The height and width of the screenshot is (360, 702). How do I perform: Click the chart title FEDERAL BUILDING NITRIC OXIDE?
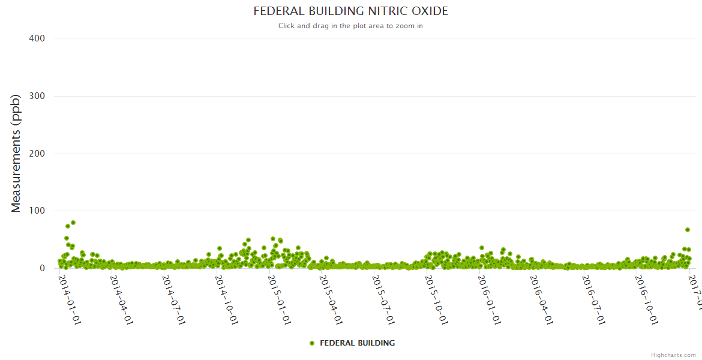click(350, 11)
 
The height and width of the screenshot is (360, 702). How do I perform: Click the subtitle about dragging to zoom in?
click(350, 26)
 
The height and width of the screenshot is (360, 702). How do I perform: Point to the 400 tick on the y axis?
click(37, 38)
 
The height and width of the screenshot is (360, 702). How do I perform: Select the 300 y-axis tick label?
click(37, 96)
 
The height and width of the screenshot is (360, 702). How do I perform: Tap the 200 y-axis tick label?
click(37, 154)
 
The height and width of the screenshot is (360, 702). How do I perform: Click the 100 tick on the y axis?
click(37, 211)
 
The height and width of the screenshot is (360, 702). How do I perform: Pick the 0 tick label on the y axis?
click(41, 268)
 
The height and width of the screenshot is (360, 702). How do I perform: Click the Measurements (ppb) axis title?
click(16, 153)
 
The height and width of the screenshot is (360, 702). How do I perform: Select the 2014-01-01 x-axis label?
click(70, 300)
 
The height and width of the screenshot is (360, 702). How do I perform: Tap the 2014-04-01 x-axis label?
click(122, 300)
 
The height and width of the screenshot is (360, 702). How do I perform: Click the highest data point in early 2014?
click(73, 223)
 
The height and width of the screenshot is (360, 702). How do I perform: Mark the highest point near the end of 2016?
click(688, 230)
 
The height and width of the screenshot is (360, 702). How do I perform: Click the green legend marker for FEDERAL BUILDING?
click(311, 343)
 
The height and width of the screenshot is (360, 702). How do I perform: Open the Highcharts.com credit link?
click(673, 355)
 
